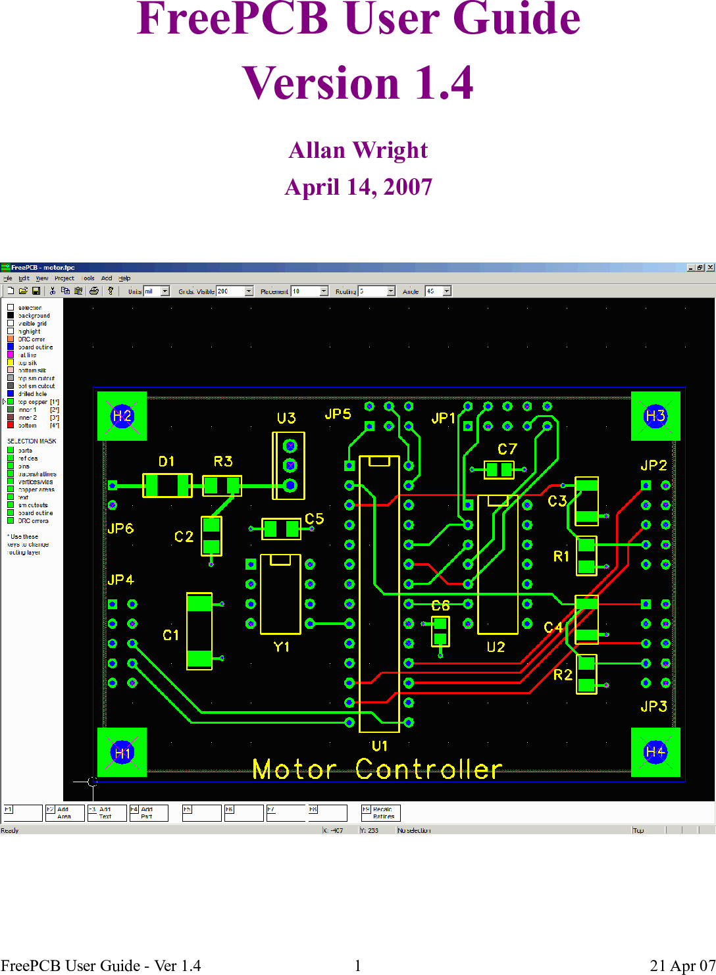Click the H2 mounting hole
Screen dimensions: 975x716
[122, 416]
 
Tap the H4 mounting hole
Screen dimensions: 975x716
[655, 752]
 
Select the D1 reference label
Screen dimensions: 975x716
[166, 462]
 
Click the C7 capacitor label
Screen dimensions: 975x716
[507, 449]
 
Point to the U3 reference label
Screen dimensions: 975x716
[286, 418]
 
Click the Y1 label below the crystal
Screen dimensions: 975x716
[282, 647]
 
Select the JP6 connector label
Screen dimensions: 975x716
[120, 529]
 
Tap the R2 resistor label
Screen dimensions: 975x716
[563, 675]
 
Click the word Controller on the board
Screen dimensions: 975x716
[429, 770]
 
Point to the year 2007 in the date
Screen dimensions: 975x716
[408, 187]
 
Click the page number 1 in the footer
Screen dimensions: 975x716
[358, 966]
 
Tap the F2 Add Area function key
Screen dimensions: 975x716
[64, 813]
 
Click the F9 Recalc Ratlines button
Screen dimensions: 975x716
[381, 813]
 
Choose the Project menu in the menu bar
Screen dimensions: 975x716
[64, 278]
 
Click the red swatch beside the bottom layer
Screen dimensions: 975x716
[11, 426]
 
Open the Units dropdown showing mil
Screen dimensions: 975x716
[165, 291]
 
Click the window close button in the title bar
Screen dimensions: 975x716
[710, 268]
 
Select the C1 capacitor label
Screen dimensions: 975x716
[170, 636]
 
